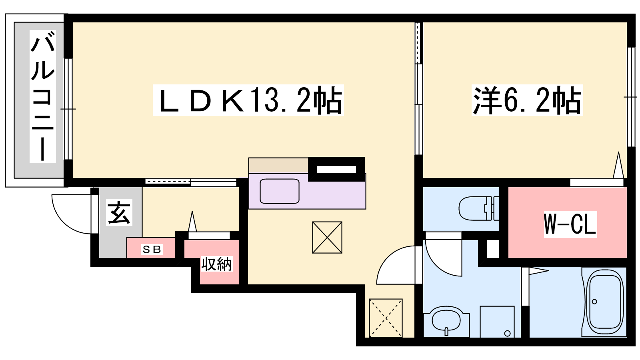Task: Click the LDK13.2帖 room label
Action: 248,100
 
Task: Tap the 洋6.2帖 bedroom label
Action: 527,100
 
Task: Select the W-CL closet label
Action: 570,224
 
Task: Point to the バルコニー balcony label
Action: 42,96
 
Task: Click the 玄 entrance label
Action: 119,212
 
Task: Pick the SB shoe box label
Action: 152,250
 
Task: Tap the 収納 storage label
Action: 216,264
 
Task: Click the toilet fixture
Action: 479,208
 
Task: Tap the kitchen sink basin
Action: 280,191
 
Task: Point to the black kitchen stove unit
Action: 336,169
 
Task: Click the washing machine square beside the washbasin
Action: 497,322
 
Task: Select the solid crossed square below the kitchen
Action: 327,238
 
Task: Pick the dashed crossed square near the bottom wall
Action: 386,318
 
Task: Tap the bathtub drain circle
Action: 594,302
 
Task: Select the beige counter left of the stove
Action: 278,166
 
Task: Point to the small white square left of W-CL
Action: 493,249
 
